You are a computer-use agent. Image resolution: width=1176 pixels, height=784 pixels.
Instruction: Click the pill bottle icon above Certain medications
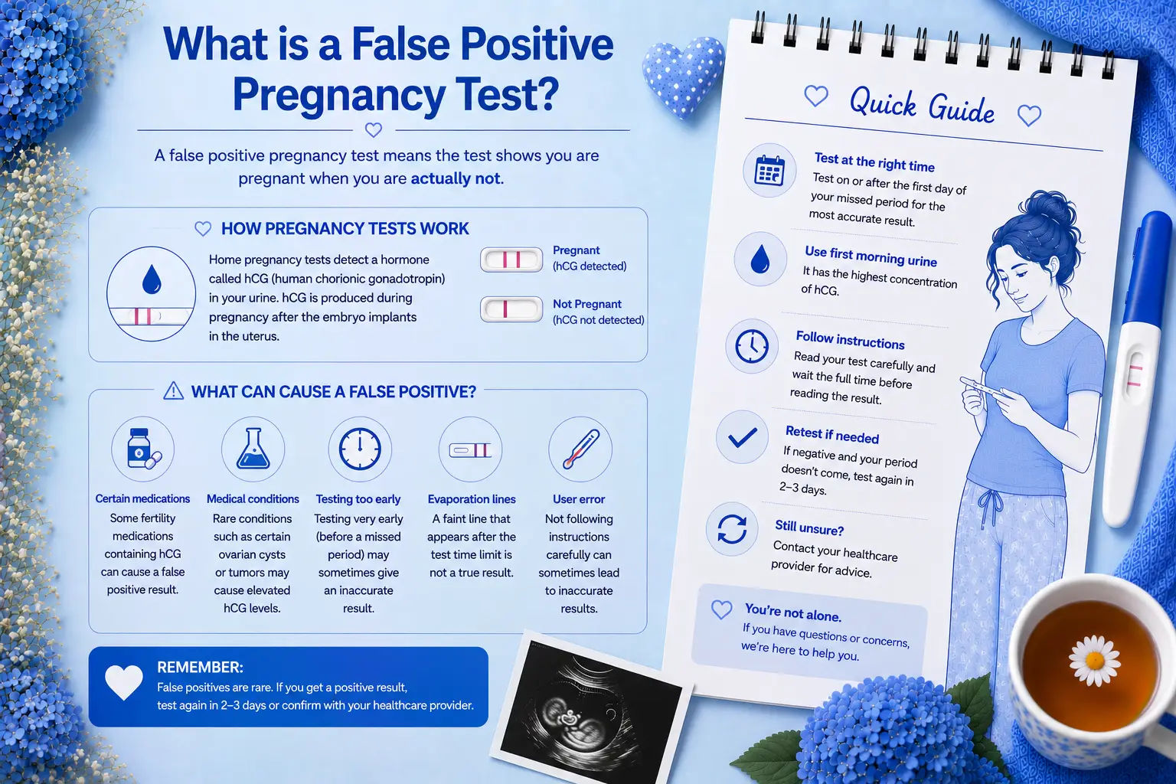[143, 449]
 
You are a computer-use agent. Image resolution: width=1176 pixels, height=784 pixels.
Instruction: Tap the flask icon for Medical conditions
[253, 449]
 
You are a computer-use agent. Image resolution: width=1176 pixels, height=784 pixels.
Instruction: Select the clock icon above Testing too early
[360, 449]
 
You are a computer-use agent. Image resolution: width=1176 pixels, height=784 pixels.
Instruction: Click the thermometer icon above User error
[581, 449]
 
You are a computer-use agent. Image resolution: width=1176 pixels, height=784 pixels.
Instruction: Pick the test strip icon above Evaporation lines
[470, 450]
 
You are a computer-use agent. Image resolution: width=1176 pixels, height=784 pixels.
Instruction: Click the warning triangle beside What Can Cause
[173, 391]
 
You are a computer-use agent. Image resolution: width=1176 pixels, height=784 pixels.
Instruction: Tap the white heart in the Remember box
[124, 682]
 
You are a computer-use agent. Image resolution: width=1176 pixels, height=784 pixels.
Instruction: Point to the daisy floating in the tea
[1095, 660]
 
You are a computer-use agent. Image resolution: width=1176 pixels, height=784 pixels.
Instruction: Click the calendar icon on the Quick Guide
[769, 171]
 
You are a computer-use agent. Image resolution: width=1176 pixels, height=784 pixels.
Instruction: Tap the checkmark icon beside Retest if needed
[743, 437]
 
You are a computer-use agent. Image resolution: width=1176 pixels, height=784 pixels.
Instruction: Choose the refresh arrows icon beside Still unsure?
[732, 529]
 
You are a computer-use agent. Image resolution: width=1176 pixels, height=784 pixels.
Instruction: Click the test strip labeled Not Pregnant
[511, 309]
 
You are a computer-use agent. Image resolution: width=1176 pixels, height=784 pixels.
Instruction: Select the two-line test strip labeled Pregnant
[511, 260]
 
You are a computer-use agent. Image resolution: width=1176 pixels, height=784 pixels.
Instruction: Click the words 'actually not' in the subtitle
[456, 178]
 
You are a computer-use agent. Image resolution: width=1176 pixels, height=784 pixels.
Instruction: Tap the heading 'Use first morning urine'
[871, 256]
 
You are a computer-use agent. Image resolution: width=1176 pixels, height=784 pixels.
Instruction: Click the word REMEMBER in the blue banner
[200, 668]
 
